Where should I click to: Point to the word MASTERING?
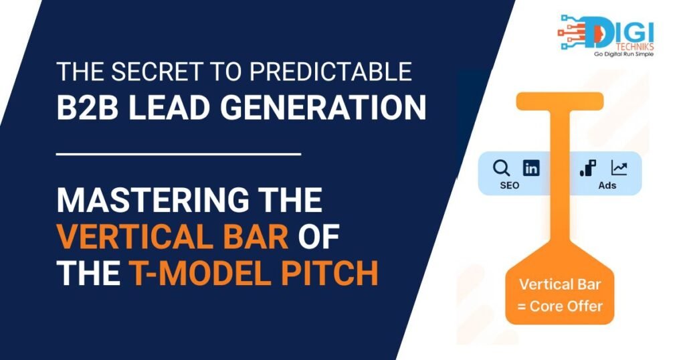153,199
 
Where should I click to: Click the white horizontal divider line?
179,154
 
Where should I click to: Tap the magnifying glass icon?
501,168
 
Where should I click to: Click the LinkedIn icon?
531,168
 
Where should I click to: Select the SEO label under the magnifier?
509,185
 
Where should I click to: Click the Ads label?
607,185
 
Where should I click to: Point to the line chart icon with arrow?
619,168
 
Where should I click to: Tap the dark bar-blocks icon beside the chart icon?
588,168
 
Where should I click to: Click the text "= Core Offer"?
560,306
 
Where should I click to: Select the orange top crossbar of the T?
560,101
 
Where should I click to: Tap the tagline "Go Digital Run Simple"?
623,54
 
